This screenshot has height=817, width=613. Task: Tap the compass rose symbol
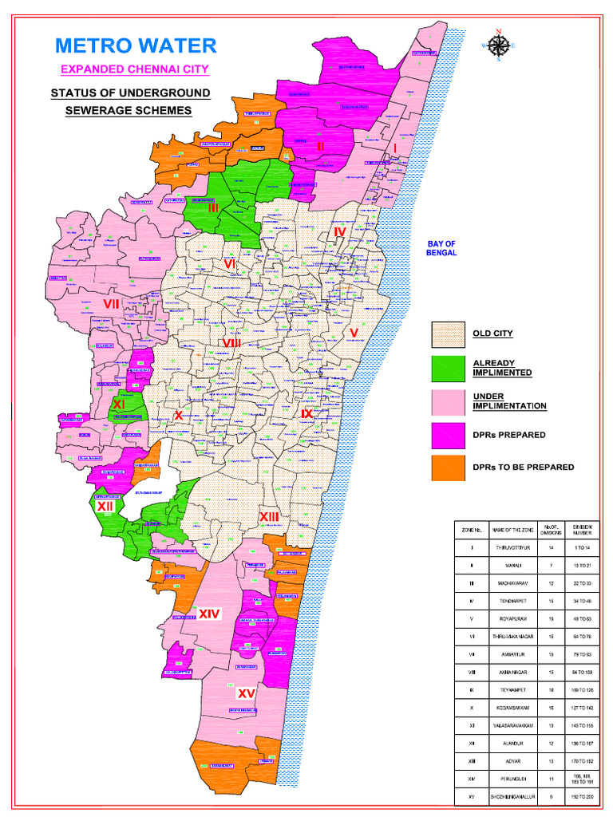click(499, 45)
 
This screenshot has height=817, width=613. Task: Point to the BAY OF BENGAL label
click(441, 248)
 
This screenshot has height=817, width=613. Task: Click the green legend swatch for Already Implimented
click(448, 368)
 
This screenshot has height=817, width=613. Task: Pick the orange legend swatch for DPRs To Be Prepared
click(448, 467)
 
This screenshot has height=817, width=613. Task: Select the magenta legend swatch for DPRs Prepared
click(448, 435)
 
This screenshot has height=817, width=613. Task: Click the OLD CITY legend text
click(492, 334)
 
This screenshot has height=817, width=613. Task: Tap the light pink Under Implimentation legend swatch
click(448, 401)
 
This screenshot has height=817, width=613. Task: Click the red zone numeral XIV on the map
click(209, 614)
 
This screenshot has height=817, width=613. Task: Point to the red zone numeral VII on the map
click(111, 304)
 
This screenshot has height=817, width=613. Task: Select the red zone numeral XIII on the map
click(269, 518)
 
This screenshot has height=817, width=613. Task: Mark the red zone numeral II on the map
click(320, 146)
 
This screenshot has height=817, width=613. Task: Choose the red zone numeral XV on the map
click(246, 693)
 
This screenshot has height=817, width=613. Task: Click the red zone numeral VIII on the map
click(231, 343)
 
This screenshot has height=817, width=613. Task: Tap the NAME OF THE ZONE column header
click(512, 530)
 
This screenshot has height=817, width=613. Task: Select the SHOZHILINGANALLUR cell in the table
click(512, 795)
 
